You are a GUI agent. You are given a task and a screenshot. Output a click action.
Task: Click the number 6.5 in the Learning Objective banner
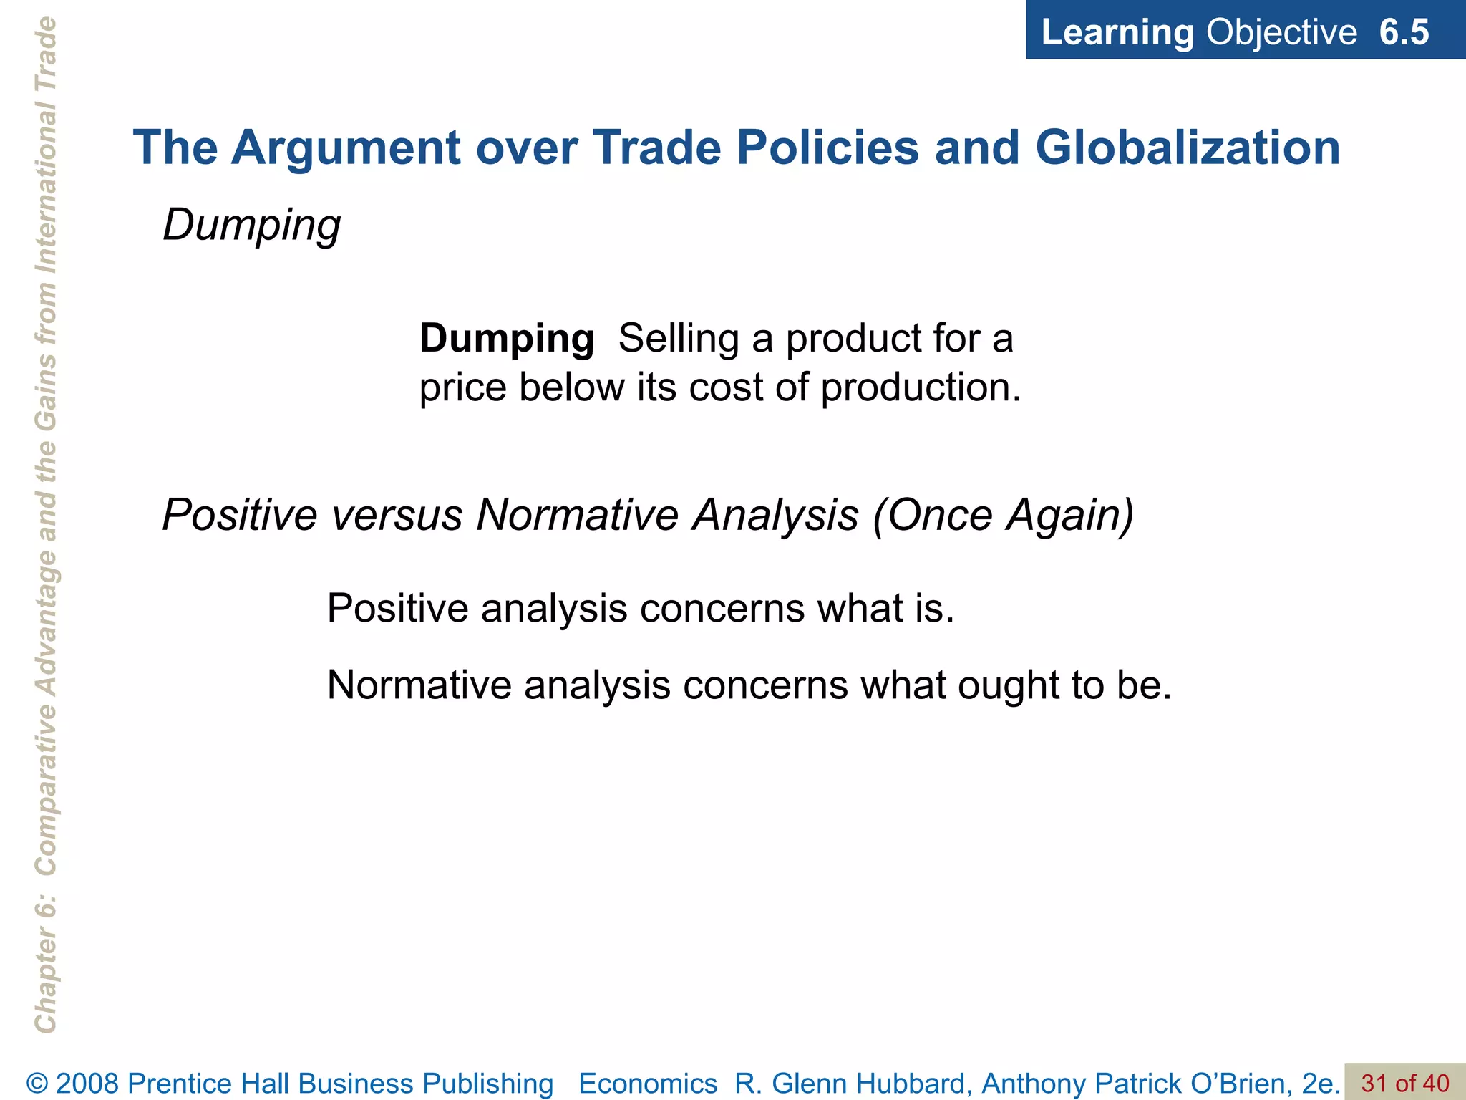click(1404, 32)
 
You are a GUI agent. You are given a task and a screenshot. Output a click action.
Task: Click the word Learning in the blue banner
click(1117, 32)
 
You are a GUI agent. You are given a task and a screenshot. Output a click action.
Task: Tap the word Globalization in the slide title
click(1188, 148)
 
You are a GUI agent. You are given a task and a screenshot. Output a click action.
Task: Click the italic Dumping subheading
click(251, 226)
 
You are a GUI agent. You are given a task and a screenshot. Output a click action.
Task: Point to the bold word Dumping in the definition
click(506, 338)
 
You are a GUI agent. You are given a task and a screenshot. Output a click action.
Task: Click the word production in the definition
click(921, 387)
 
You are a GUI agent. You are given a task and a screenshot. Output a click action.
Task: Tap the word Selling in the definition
click(679, 338)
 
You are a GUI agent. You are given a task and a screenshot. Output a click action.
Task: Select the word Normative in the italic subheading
click(578, 515)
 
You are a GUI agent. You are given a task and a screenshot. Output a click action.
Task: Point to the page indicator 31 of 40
click(1404, 1084)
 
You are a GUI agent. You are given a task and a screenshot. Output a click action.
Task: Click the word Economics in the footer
click(648, 1084)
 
